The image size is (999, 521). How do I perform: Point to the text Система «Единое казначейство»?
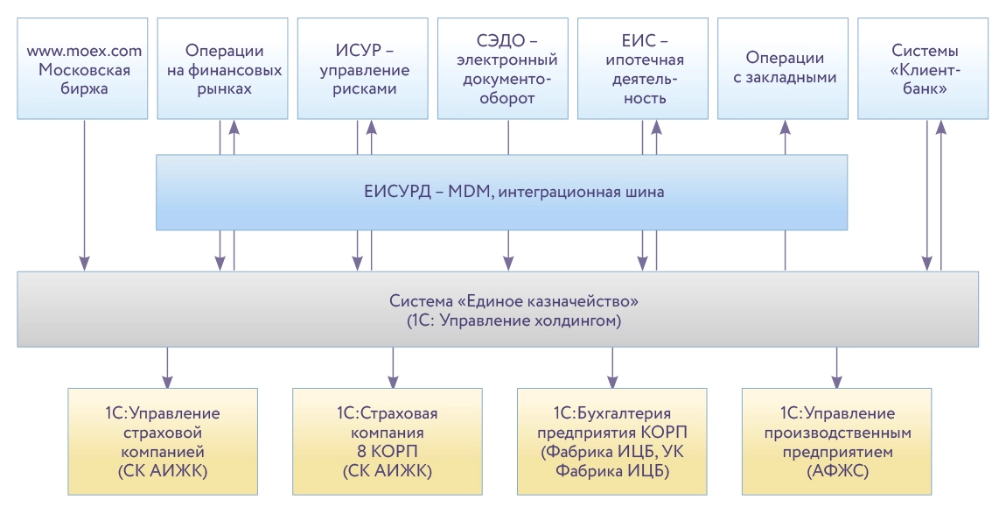513,301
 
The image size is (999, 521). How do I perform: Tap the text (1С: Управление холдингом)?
513,321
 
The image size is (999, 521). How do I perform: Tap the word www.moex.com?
85,52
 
